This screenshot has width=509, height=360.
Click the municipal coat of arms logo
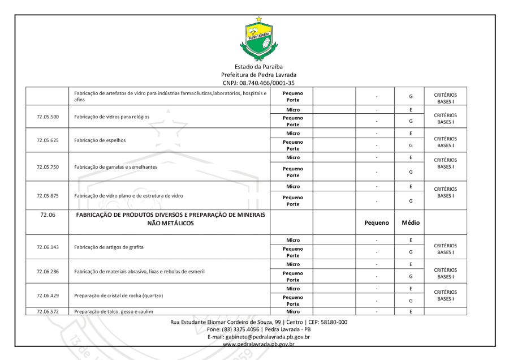(x=259, y=39)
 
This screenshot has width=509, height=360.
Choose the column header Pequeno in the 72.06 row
(x=376, y=223)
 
